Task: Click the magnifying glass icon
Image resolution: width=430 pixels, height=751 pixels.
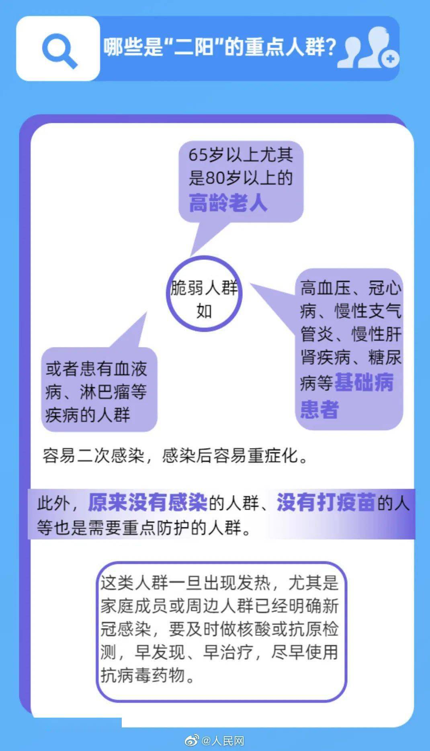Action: pyautogui.click(x=59, y=50)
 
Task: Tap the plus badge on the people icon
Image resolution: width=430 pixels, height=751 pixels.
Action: pyautogui.click(x=390, y=59)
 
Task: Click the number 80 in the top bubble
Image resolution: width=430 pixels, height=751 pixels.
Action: pyautogui.click(x=214, y=178)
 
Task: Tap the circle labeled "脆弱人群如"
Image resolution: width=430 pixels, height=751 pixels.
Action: pyautogui.click(x=204, y=294)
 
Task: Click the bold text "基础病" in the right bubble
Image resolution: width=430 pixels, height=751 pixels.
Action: pyautogui.click(x=364, y=382)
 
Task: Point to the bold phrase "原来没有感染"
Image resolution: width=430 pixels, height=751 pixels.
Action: pyautogui.click(x=147, y=502)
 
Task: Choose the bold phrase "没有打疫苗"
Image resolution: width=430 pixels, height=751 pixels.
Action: pyautogui.click(x=326, y=502)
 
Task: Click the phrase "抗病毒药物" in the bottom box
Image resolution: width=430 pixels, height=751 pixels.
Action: pyautogui.click(x=143, y=675)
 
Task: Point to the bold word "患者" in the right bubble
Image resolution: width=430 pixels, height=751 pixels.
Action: pyautogui.click(x=319, y=409)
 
